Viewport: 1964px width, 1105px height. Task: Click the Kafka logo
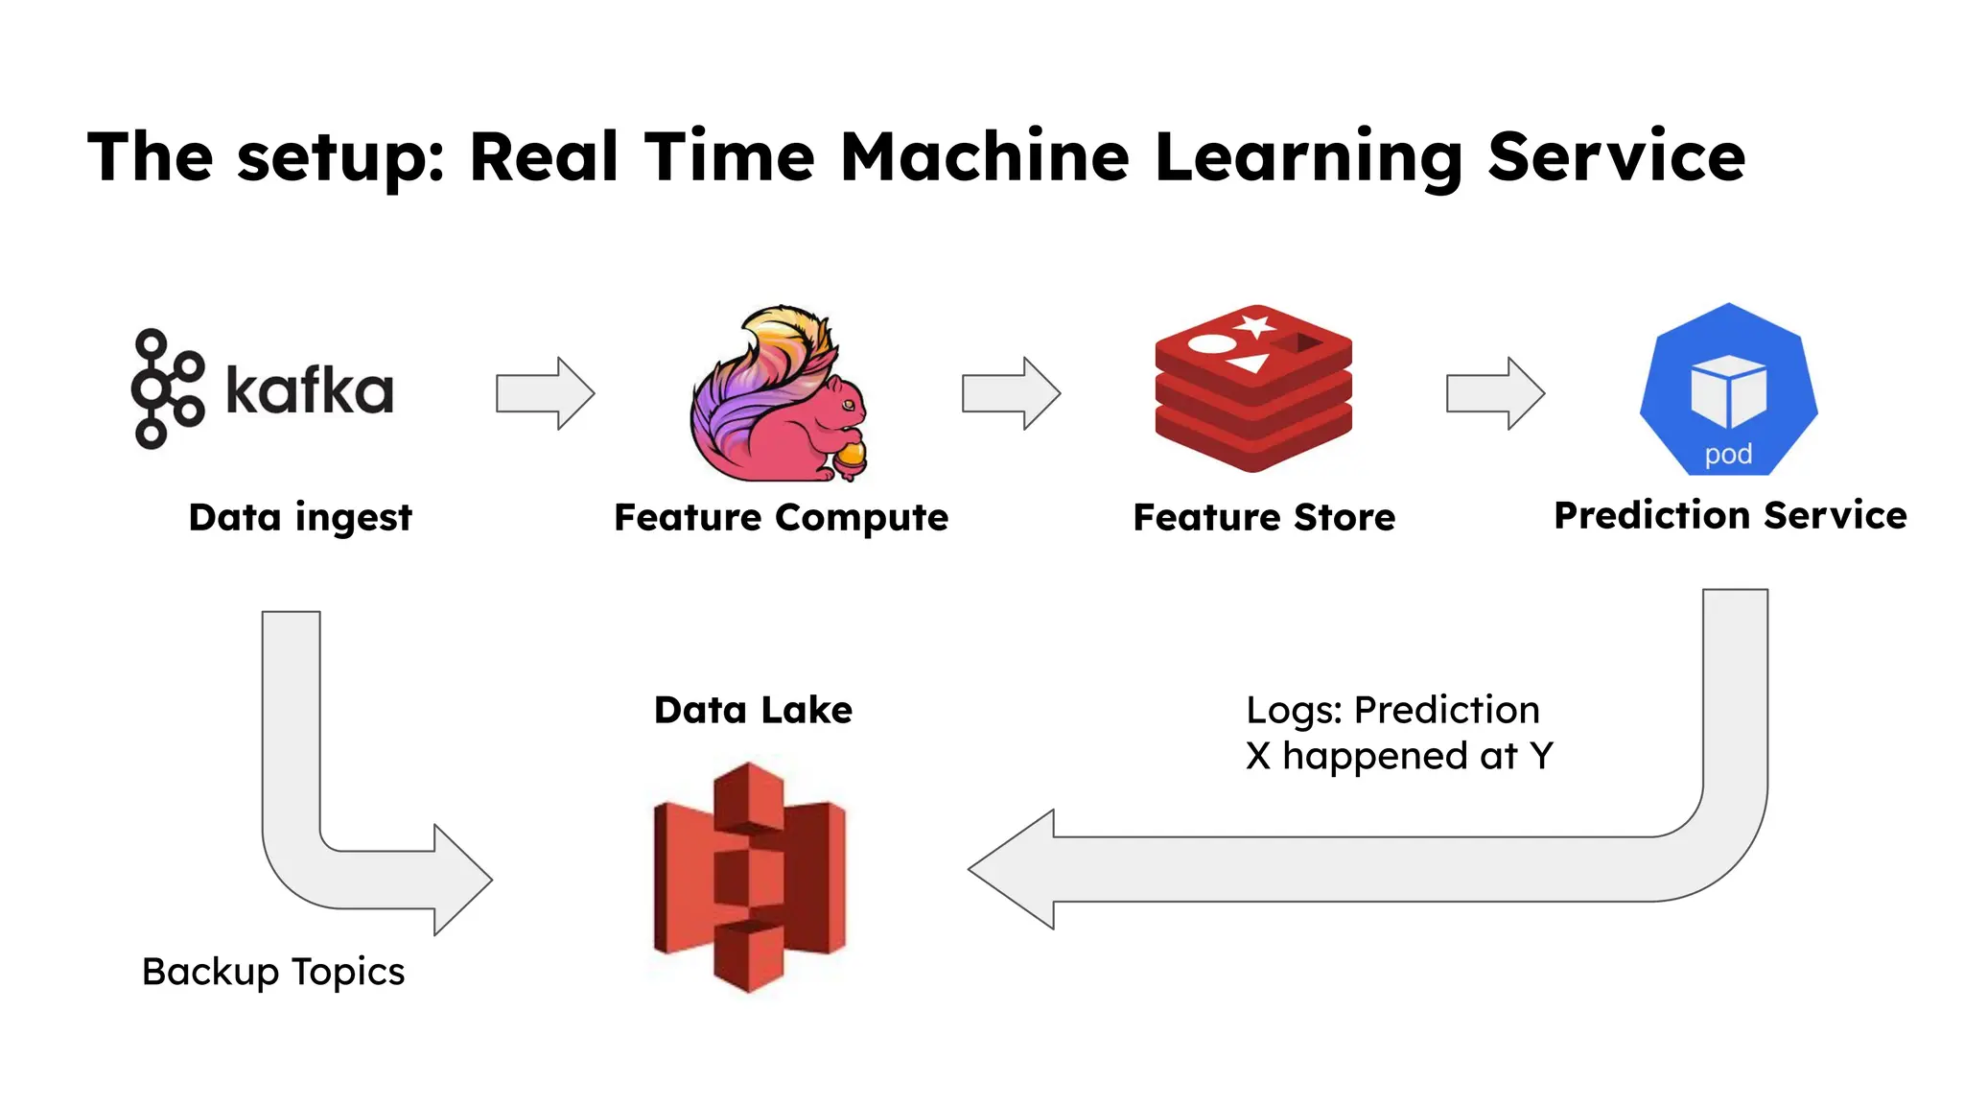click(262, 389)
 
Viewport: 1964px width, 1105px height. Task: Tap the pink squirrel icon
click(779, 395)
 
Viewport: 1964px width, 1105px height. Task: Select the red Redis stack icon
click(1253, 388)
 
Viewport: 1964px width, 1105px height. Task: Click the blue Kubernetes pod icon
click(1728, 389)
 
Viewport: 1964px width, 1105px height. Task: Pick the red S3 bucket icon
click(749, 877)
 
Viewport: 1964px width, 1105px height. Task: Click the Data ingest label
click(300, 518)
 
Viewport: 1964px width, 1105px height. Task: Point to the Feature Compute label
click(781, 518)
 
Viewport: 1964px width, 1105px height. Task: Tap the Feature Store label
click(1264, 518)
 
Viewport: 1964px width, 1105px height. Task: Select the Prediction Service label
click(1730, 516)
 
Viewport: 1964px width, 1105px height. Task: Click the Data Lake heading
click(753, 711)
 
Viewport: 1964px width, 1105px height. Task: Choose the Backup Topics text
click(273, 973)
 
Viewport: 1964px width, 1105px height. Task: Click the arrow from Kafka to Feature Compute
click(545, 393)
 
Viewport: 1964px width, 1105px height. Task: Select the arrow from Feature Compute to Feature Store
click(1011, 393)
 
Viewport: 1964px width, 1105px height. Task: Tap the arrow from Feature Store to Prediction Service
click(1495, 393)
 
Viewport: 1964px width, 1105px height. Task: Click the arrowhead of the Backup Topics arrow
click(461, 880)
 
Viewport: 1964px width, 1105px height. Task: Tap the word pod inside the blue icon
click(1728, 454)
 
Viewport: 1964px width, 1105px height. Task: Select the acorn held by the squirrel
click(850, 458)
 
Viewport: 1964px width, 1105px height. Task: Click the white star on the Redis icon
click(1253, 324)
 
